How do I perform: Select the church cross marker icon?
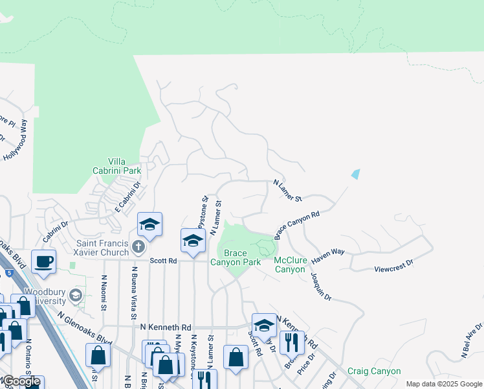point(137,246)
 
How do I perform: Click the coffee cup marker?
point(43,262)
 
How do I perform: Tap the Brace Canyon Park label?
point(235,257)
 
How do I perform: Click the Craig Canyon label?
point(373,371)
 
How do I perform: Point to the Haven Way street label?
point(327,253)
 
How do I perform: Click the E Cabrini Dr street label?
point(127,198)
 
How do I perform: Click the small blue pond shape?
point(355,174)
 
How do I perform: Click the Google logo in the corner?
point(21,382)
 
